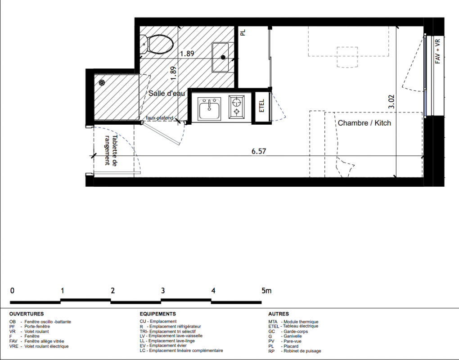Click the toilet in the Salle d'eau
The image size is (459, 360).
tap(157, 45)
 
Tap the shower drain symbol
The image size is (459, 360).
tap(102, 83)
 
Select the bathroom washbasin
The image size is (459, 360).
tap(220, 57)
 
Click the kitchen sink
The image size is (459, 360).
tap(209, 109)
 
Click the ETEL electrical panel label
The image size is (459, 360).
tap(262, 106)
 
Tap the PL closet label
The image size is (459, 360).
tap(243, 32)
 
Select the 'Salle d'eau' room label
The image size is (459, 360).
tap(167, 93)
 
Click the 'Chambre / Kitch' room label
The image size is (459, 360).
tap(364, 123)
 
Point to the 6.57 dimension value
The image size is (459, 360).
tap(259, 151)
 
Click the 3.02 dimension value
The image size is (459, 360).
tap(391, 102)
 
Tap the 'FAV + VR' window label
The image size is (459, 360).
tap(438, 51)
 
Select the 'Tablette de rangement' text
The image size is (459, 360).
tap(111, 150)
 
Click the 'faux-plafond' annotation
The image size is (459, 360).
tap(160, 118)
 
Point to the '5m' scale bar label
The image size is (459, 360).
tap(266, 291)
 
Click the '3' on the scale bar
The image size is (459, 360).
tap(163, 291)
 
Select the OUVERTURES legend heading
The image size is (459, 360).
tap(27, 314)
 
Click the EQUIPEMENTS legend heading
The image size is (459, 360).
tap(158, 314)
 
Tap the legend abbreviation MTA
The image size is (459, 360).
tap(273, 322)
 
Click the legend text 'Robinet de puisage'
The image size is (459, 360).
tap(302, 351)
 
